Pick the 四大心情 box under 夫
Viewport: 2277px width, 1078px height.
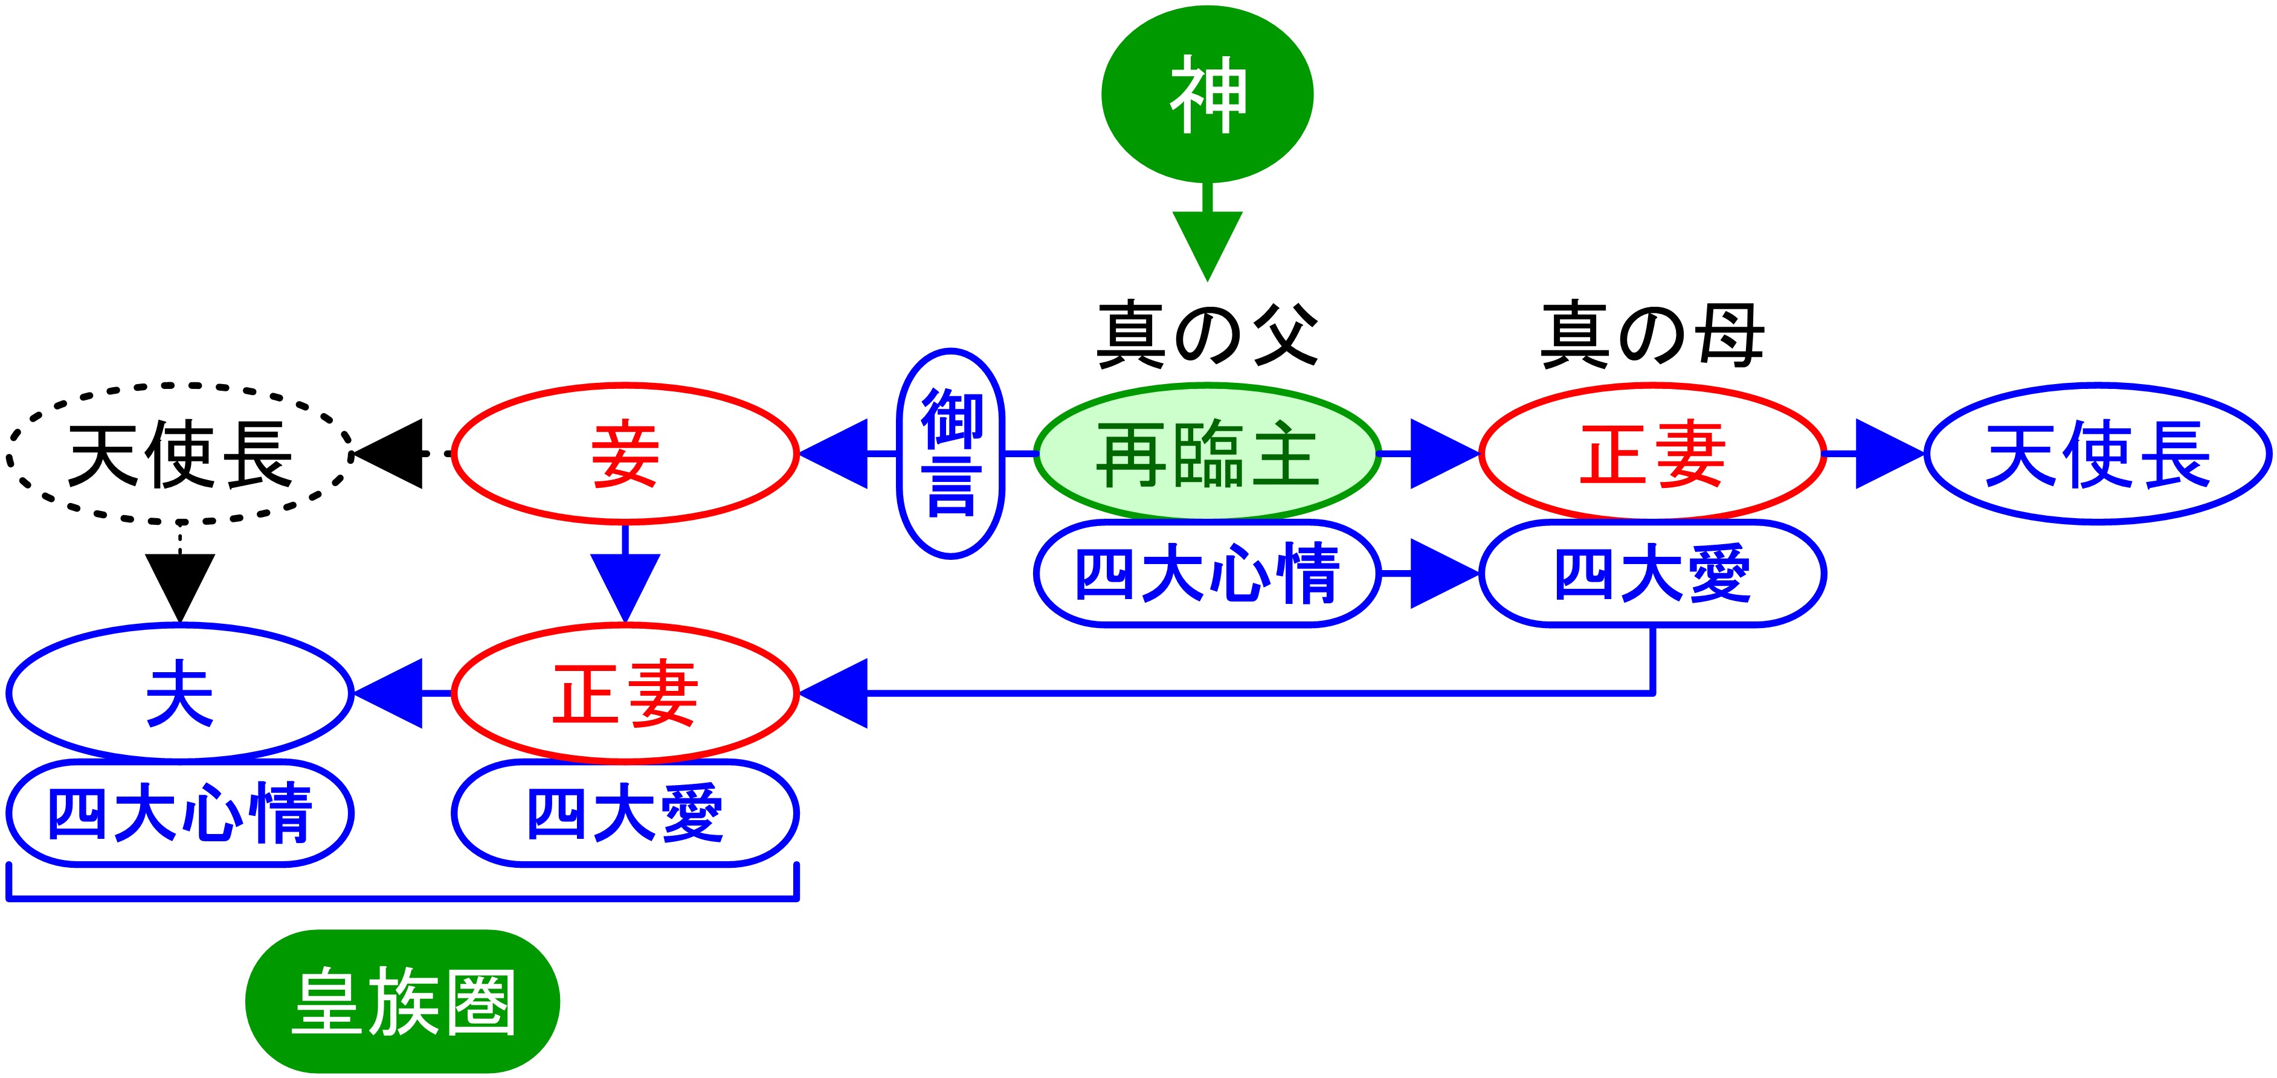179,813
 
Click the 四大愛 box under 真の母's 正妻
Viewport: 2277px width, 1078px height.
1652,574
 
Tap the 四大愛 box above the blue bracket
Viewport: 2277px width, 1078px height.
625,813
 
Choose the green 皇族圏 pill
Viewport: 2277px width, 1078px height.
402,1001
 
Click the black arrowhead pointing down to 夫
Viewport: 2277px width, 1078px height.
179,585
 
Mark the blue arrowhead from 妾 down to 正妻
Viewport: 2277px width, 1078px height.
625,585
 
